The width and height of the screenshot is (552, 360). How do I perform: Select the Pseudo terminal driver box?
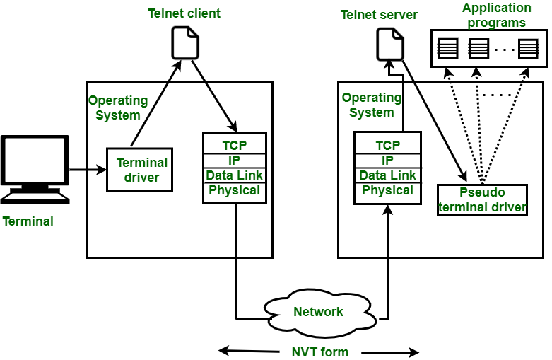tap(482, 200)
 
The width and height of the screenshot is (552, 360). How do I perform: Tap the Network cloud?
tap(319, 312)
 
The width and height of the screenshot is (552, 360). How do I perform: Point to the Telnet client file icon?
tap(185, 42)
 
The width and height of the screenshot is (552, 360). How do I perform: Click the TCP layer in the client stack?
tap(234, 145)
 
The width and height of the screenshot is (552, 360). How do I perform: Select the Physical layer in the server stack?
tap(387, 190)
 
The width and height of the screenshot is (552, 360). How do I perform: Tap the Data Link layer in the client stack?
tap(234, 175)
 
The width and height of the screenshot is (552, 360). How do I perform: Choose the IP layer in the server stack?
tap(387, 160)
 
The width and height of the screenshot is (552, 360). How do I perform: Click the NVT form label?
tap(319, 352)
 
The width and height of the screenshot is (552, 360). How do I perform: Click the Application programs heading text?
tap(497, 15)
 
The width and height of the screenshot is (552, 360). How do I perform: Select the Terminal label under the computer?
tap(28, 221)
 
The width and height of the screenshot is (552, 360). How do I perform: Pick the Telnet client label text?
tap(184, 13)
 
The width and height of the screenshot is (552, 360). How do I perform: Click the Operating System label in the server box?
tap(371, 105)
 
